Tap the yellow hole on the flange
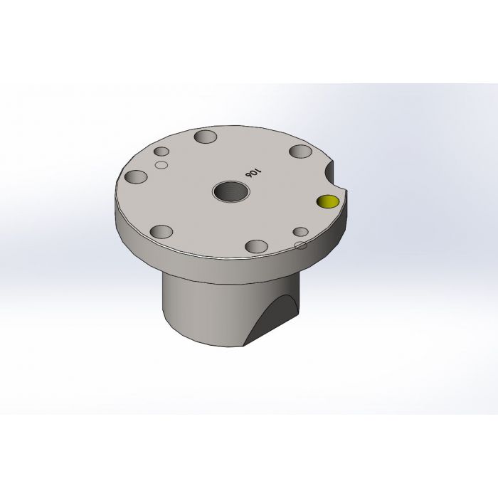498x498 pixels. (328, 201)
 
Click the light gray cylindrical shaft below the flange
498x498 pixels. (199, 306)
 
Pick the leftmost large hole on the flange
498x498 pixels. (134, 177)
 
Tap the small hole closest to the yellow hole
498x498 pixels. (300, 233)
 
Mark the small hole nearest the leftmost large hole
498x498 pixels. (161, 152)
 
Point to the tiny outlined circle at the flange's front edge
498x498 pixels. (300, 245)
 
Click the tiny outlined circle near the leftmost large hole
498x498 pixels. (161, 165)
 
